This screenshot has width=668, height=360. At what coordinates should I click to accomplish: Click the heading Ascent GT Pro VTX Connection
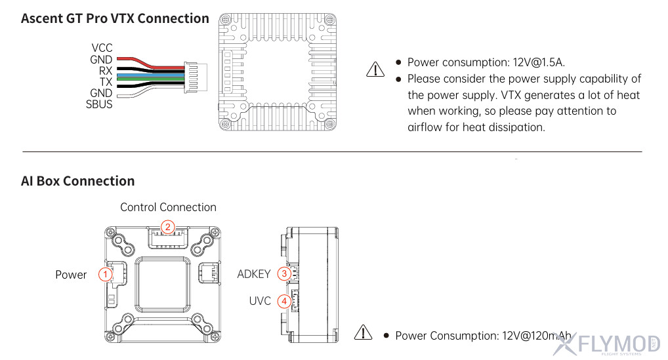pos(115,18)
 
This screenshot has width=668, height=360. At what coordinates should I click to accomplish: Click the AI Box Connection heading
pos(77,181)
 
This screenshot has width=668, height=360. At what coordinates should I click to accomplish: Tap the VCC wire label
pos(102,48)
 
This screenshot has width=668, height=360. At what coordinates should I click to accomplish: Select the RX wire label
pos(106,71)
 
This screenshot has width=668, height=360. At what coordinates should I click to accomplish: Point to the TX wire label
pos(106,82)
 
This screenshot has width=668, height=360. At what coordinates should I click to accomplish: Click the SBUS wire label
pos(99,104)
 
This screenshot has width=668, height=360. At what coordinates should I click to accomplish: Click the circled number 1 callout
pos(104,274)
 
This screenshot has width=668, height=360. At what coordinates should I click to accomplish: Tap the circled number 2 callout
pos(168,227)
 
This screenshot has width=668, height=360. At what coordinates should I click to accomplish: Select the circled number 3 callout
pos(284,274)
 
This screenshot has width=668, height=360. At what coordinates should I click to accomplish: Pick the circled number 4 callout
pos(284,302)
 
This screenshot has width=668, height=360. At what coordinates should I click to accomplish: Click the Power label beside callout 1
pos(71,275)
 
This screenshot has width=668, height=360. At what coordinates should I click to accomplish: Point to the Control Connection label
pos(168,207)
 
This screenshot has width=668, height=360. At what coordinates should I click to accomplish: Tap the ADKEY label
pos(254,274)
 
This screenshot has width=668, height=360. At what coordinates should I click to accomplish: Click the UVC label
pos(260,302)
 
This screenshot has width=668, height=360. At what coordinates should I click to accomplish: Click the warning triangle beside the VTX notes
pos(375,69)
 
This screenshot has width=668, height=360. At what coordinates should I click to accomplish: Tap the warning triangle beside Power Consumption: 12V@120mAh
pos(363,332)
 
